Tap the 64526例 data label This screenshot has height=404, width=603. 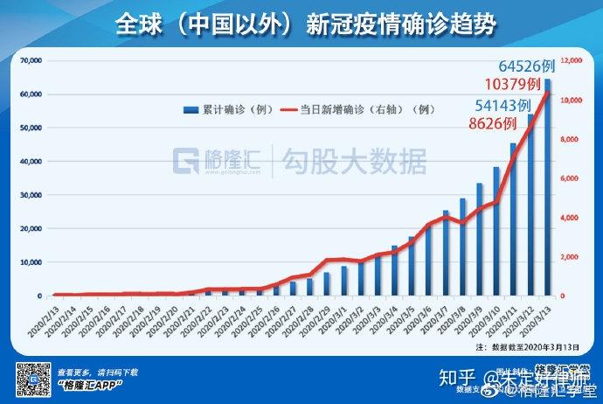click(x=527, y=66)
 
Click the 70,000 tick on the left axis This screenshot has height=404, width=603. click(x=31, y=61)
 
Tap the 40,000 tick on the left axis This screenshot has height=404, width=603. click(x=31, y=162)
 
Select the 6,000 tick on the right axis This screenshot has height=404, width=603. click(x=572, y=178)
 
